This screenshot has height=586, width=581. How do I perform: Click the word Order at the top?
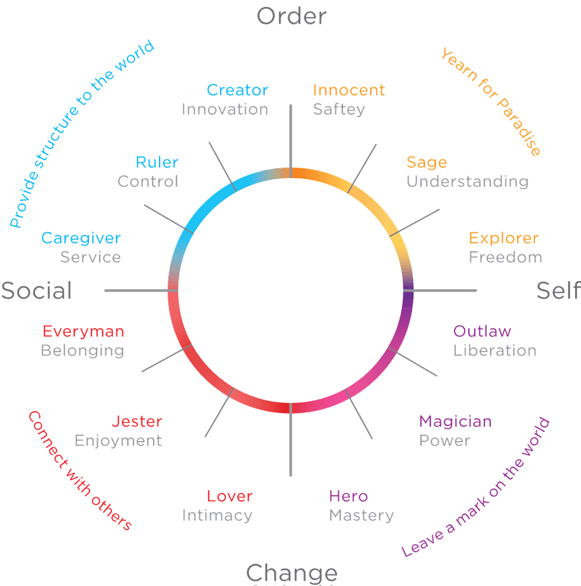pos(291,16)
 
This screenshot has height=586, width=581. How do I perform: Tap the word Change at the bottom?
pos(292,573)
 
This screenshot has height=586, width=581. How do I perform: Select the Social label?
pos(36,290)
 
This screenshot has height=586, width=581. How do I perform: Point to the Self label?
pos(558,290)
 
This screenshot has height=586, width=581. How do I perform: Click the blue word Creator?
pos(237,90)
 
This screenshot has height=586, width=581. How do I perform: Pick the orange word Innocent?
pos(349,90)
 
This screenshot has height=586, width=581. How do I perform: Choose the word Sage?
pos(426,162)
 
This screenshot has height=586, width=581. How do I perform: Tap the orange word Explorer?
pos(504,238)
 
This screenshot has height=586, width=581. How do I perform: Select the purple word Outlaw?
pos(482,331)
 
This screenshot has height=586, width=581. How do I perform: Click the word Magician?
pos(455,421)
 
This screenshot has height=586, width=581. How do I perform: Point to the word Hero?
pos(348,496)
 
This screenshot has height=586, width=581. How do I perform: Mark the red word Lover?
pos(229,496)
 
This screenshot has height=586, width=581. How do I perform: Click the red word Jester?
pos(137,421)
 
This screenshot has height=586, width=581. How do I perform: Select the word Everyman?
pos(83,331)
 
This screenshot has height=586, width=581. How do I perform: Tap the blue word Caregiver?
pos(81,238)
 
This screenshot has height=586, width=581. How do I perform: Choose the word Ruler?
pos(157,162)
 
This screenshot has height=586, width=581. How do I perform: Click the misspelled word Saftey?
pos(339,109)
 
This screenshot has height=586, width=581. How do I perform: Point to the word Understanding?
pos(467,182)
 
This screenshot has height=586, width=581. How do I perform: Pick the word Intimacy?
pos(217,516)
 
